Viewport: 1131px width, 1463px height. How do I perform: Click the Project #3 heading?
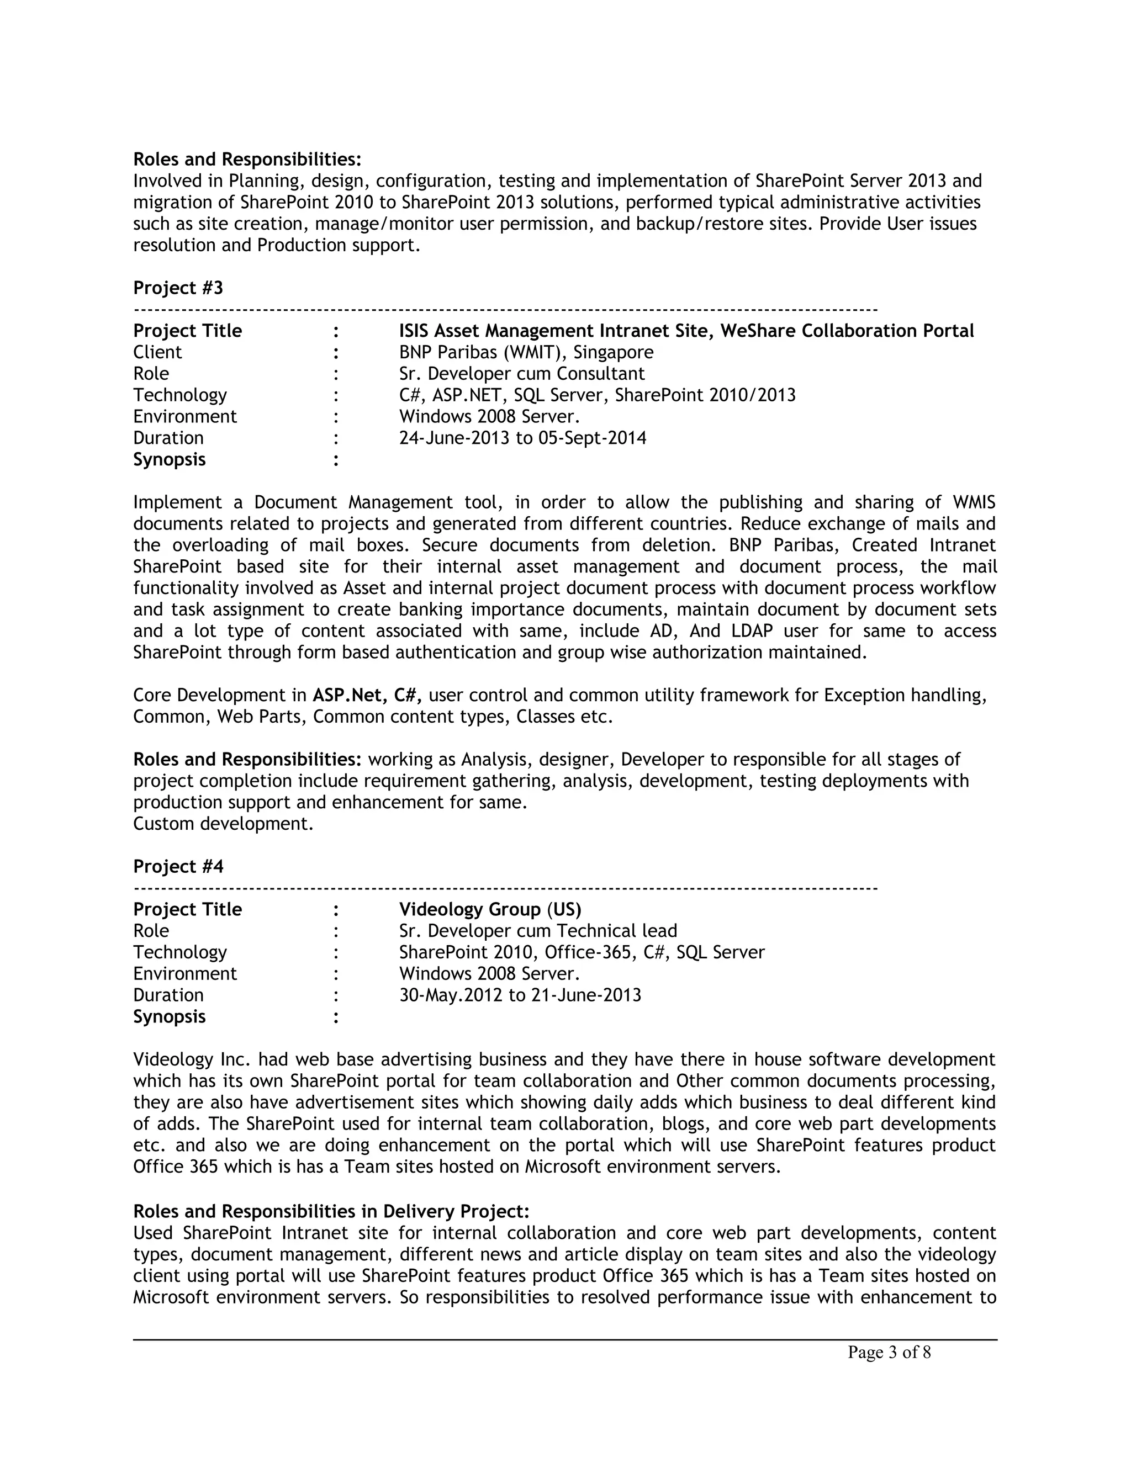point(178,288)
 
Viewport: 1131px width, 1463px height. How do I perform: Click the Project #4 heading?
point(178,867)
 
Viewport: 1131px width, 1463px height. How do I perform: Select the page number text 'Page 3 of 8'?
point(889,1353)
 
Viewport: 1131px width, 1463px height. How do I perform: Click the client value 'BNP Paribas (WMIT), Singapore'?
point(526,352)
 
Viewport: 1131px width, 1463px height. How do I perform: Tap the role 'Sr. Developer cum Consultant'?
point(522,374)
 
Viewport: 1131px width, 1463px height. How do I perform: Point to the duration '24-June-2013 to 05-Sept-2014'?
point(522,438)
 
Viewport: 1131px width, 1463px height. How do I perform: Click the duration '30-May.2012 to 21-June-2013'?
point(520,995)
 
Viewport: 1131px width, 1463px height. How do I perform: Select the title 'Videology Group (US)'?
point(490,910)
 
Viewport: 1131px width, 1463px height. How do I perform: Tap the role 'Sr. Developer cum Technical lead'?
point(538,931)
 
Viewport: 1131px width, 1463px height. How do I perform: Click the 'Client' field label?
point(157,352)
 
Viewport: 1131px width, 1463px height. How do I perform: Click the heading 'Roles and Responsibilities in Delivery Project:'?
point(331,1211)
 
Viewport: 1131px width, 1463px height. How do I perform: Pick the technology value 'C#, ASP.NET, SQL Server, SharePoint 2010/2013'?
point(597,395)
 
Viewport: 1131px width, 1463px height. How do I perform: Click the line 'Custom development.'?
point(223,824)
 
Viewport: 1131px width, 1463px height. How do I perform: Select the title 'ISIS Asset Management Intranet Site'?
point(556,331)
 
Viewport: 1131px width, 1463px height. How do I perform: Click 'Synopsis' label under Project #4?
point(169,1017)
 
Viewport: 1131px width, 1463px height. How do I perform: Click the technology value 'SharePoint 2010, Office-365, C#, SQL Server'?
point(582,952)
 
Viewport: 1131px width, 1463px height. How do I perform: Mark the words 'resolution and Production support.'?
point(277,245)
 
